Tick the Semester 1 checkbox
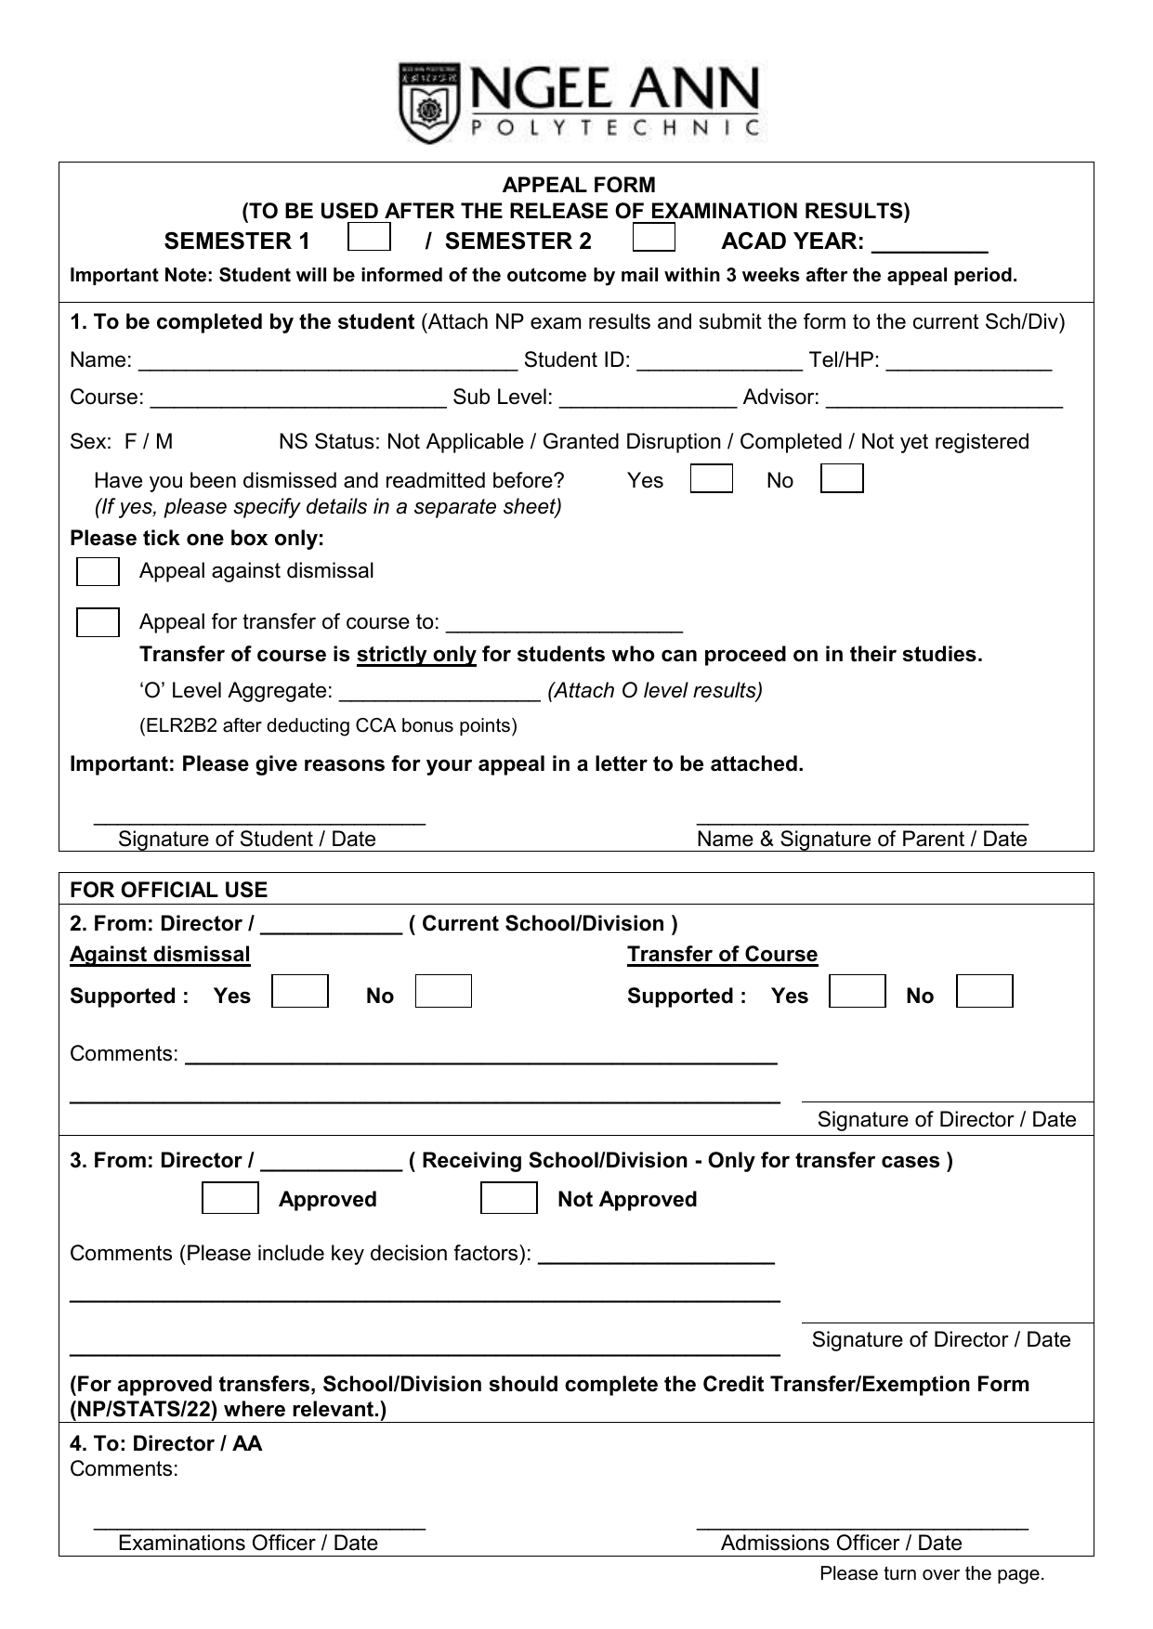coord(369,238)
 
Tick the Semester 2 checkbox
coord(653,238)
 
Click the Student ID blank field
coord(720,362)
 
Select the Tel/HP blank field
coord(969,362)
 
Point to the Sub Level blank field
coord(649,399)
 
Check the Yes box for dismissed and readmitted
coord(712,479)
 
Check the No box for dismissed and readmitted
coord(842,479)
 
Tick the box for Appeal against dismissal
coord(98,572)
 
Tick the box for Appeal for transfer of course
coord(98,622)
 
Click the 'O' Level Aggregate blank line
coord(439,693)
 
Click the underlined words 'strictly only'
coord(416,655)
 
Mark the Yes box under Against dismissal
coord(300,992)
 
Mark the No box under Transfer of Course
coord(984,992)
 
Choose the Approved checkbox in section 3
coord(230,1198)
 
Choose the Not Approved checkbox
coord(508,1198)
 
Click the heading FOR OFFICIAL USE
coord(168,890)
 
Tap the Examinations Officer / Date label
coord(248,1543)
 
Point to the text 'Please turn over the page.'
coord(931,1573)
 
